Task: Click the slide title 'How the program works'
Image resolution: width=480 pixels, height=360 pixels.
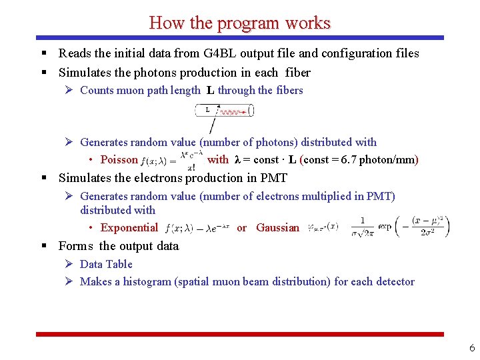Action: tap(240, 23)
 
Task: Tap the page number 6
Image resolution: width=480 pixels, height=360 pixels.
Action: tap(472, 348)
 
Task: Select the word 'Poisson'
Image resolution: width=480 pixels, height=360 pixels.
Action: tap(119, 160)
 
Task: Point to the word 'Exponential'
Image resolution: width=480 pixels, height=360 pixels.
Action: tap(129, 228)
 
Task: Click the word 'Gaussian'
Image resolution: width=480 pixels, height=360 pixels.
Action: tap(277, 228)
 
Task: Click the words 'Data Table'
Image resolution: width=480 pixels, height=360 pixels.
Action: tap(106, 264)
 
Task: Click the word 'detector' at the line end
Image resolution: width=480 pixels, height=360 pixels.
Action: tap(393, 282)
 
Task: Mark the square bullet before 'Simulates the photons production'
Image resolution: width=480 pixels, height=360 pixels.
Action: tap(43, 73)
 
